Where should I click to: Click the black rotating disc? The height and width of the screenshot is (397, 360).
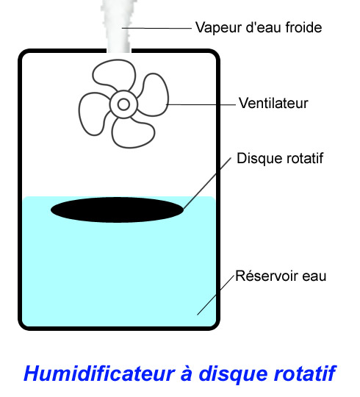pos(117,210)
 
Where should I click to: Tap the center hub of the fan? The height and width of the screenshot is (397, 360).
pos(123,104)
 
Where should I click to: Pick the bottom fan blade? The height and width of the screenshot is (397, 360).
pos(133,133)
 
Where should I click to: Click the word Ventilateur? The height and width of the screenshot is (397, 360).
pos(273,104)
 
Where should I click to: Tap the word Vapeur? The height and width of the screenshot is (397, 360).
pos(219,28)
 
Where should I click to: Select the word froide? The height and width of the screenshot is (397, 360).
pos(303,27)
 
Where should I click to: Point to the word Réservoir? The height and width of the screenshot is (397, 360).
pos(267,276)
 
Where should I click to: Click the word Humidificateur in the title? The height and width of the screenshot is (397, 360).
pos(99,373)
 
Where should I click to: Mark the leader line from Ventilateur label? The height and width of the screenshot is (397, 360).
pos(201,104)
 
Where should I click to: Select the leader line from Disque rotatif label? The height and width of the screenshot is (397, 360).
pos(207,183)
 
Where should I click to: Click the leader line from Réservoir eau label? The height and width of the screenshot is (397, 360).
pos(215,296)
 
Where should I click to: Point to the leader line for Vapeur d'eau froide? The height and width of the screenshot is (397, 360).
pos(156,29)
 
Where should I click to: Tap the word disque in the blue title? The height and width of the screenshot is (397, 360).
pos(232,374)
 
